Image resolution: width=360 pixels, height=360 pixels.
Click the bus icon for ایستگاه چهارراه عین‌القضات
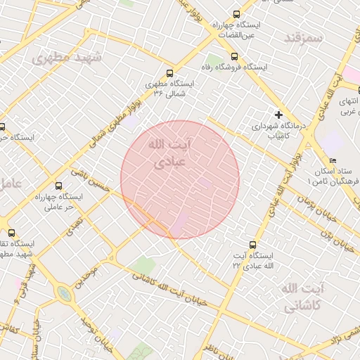pos(236,13)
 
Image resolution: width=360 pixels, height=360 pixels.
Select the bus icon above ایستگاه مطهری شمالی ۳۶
pos(169,72)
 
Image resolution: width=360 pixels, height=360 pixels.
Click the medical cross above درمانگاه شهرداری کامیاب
pos(279,114)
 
